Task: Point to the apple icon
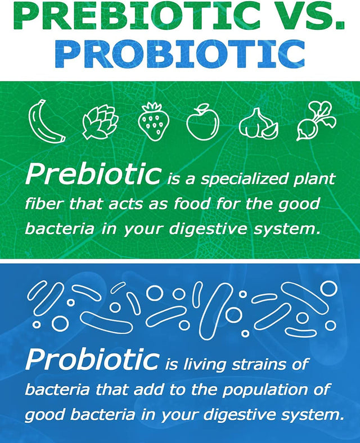(x=202, y=121)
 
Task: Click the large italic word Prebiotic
(x=93, y=175)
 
